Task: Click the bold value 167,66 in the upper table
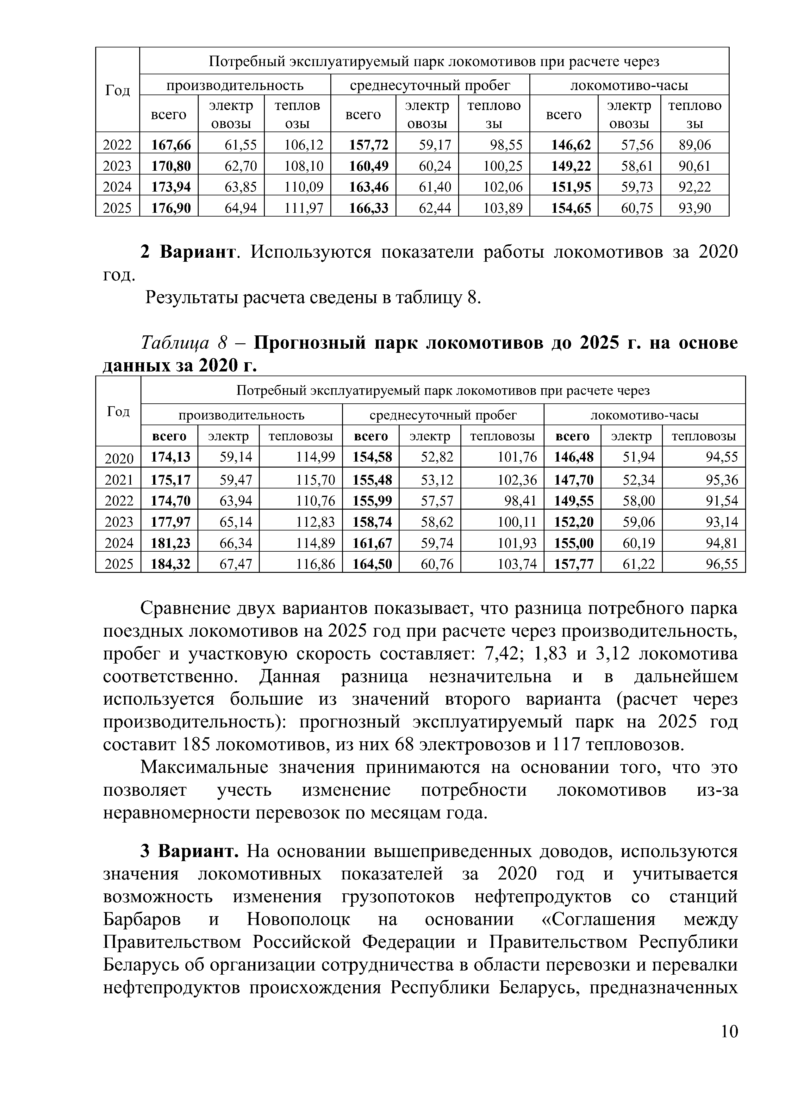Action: pyautogui.click(x=171, y=144)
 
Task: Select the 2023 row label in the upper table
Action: pyautogui.click(x=117, y=166)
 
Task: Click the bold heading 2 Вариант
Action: pyautogui.click(x=189, y=252)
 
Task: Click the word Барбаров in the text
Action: pyautogui.click(x=142, y=919)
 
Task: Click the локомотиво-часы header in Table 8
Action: pyautogui.click(x=645, y=415)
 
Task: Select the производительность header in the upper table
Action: pyautogui.click(x=235, y=85)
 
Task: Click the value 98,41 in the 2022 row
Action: pyautogui.click(x=520, y=501)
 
